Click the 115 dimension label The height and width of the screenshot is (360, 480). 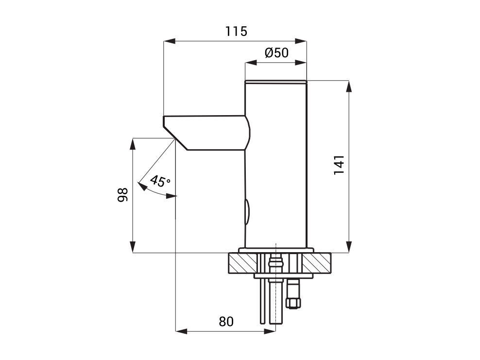[x=236, y=31]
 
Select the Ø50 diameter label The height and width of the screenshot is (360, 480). [x=276, y=53]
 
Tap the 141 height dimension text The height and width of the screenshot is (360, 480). [x=339, y=165]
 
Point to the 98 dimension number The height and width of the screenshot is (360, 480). [x=122, y=195]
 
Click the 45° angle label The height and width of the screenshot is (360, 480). [x=160, y=181]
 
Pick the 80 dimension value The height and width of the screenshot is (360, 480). [x=226, y=322]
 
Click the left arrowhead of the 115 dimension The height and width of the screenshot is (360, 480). [x=170, y=41]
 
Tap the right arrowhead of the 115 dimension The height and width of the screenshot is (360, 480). [x=301, y=41]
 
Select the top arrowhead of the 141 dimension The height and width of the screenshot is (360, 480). [x=348, y=86]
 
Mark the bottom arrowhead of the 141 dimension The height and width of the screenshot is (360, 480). [x=348, y=247]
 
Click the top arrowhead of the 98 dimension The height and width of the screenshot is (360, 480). [x=133, y=144]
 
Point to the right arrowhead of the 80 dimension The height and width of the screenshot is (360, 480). [x=270, y=331]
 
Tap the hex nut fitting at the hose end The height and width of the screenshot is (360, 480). [x=293, y=303]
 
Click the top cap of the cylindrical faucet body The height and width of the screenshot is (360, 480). [x=276, y=82]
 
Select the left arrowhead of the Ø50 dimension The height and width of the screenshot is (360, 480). [x=251, y=63]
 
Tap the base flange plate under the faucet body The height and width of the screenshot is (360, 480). [x=276, y=250]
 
